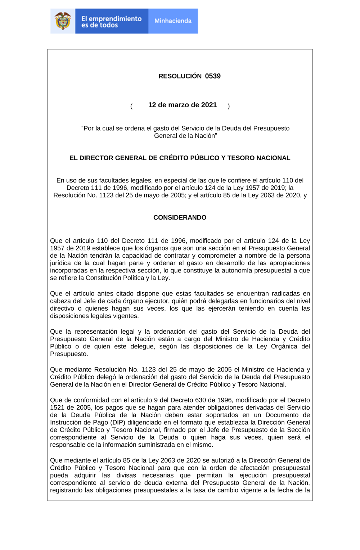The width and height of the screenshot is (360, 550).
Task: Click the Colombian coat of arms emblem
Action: [63, 21]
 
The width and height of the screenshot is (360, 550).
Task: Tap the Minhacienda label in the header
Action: [173, 21]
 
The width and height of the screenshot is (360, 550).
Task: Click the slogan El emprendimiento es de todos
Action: [111, 22]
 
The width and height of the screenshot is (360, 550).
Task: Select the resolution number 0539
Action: [213, 76]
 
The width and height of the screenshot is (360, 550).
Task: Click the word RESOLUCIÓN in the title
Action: [180, 76]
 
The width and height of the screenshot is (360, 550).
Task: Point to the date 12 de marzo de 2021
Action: [183, 105]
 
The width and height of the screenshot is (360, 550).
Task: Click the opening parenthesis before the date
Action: [131, 106]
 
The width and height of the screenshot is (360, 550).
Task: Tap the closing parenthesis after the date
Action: [229, 106]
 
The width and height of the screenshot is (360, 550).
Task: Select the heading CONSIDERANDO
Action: [180, 217]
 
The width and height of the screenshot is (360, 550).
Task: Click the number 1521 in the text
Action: [57, 407]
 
